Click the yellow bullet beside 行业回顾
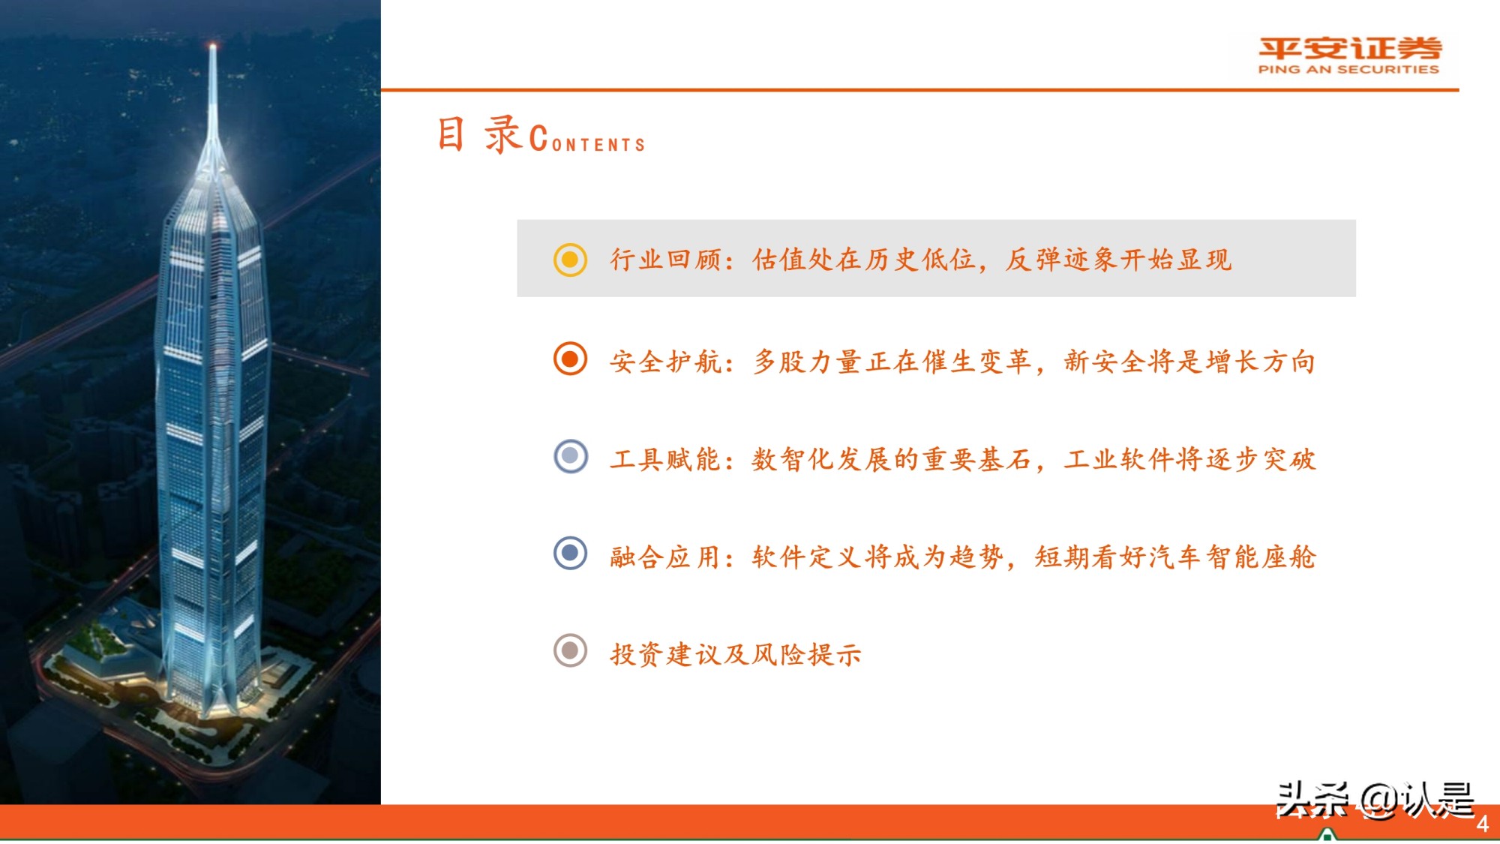point(570,260)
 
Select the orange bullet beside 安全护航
point(570,359)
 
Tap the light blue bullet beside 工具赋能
point(570,456)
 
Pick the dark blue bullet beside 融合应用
point(570,554)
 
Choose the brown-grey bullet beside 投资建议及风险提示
point(570,650)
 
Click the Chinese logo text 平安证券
point(1349,49)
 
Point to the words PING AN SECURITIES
point(1348,70)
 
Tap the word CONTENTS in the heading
point(588,141)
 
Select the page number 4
point(1482,824)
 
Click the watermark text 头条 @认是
point(1375,800)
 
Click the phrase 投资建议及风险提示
point(735,654)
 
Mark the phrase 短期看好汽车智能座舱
point(1174,557)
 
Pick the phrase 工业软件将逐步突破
point(1189,459)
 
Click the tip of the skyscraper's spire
point(213,47)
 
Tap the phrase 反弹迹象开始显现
point(1117,260)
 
